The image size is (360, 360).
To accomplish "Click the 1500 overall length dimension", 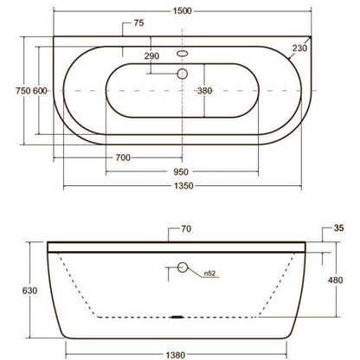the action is tap(182, 11).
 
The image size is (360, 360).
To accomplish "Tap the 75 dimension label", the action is tap(138, 23).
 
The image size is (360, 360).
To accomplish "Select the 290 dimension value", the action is tap(151, 56).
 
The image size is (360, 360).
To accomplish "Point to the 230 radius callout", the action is tap(299, 48).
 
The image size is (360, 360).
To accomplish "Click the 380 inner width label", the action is tap(205, 91).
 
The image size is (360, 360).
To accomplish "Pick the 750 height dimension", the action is tap(23, 91).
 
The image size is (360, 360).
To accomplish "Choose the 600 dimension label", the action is tap(40, 91).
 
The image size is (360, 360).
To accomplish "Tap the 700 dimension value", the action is tap(123, 157).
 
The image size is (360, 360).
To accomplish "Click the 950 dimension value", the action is tap(181, 172).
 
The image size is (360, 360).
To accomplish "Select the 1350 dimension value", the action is tap(183, 185).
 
